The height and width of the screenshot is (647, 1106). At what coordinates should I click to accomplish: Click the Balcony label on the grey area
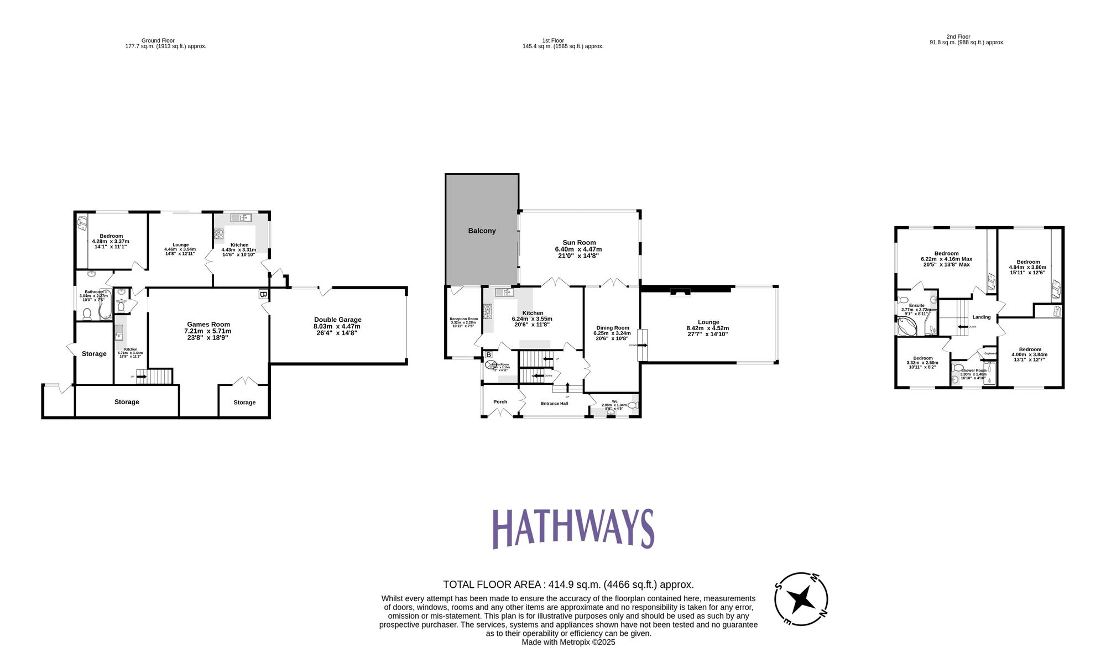(482, 231)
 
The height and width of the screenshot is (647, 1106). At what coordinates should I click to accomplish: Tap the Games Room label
(208, 325)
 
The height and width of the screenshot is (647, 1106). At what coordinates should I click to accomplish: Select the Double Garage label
(337, 320)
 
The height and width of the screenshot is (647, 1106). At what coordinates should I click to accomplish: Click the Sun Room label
(579, 242)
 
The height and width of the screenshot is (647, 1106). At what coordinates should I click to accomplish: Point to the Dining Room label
(612, 328)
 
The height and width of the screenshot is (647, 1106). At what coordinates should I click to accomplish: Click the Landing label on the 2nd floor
(982, 317)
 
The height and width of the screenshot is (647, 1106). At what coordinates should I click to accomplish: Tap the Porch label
(500, 402)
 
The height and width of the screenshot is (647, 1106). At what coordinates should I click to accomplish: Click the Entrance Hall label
(554, 404)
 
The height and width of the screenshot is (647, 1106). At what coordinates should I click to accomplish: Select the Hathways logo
(573, 529)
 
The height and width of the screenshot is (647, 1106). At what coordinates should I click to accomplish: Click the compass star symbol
(800, 599)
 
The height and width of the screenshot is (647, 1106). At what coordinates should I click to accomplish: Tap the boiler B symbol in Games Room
(263, 295)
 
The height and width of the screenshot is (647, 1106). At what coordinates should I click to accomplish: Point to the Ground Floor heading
(158, 40)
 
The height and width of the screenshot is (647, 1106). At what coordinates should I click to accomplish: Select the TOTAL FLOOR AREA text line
(568, 585)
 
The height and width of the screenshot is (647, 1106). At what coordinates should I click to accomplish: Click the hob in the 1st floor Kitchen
(488, 312)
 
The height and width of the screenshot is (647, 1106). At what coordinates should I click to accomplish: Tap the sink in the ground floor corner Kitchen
(241, 218)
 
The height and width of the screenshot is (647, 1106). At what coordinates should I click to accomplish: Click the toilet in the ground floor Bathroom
(87, 314)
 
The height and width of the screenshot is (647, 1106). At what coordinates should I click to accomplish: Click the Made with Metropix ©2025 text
(568, 642)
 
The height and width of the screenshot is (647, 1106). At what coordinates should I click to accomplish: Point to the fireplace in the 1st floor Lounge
(680, 292)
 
